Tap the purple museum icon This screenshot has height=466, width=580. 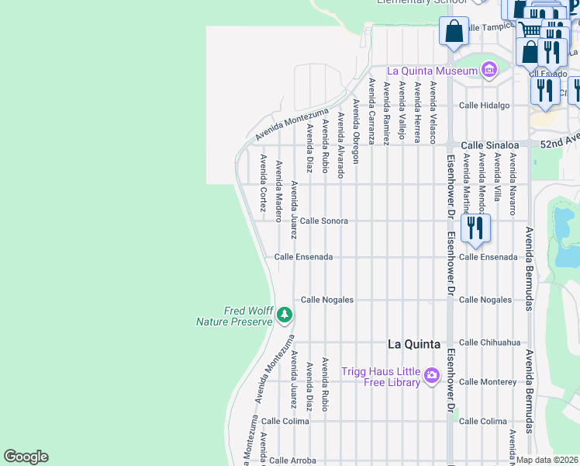point(489,71)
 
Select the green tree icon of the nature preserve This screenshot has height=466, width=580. point(285,315)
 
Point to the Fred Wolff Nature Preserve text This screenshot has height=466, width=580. point(248,316)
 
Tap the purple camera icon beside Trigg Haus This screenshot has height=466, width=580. point(432,377)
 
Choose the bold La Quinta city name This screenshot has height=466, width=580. point(414,344)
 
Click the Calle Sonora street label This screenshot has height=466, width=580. point(324,221)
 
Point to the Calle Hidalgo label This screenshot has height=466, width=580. point(484,105)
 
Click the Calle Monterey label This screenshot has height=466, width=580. point(488,381)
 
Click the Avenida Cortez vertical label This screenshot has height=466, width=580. point(264,184)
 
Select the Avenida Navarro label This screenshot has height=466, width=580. point(513,183)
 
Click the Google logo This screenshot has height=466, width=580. point(26,457)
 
